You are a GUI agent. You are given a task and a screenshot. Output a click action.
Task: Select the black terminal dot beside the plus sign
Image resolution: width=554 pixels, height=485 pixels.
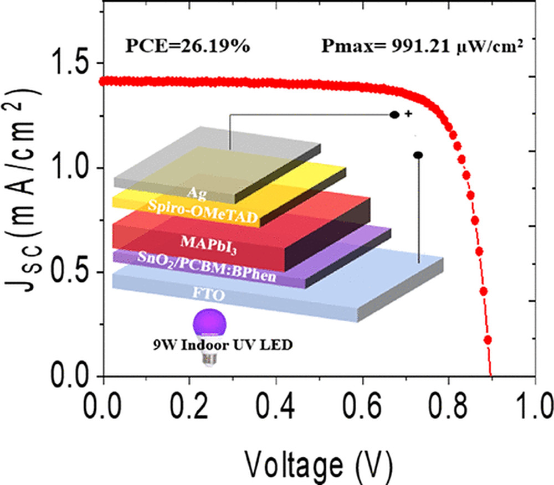click(x=394, y=115)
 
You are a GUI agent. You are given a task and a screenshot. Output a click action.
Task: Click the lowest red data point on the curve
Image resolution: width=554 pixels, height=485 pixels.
click(x=488, y=339)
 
